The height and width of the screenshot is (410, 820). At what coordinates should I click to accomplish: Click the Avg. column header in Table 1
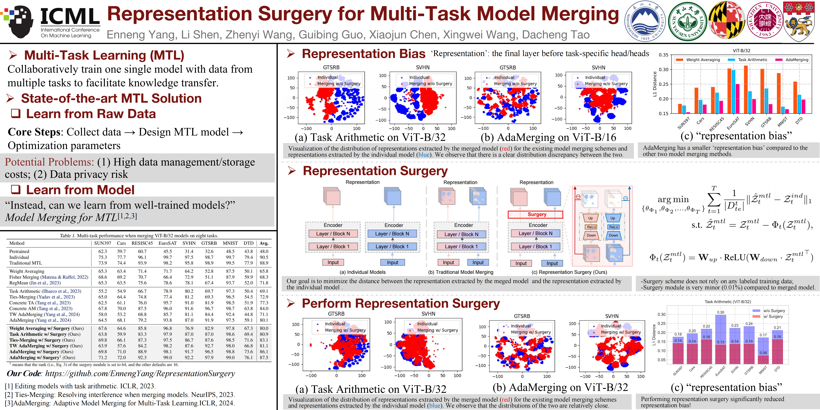264,243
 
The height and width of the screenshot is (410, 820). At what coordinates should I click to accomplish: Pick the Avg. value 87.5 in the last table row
264,358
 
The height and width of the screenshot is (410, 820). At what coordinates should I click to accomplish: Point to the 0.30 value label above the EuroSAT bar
721,312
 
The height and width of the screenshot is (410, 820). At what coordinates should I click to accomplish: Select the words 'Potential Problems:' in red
49,162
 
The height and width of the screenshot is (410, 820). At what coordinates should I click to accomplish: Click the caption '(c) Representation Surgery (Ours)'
569,272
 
